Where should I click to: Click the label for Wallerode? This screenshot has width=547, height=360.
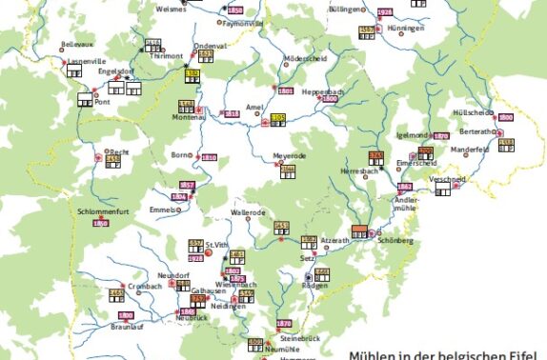(x=248, y=213)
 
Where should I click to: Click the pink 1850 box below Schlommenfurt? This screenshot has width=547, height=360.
(x=100, y=223)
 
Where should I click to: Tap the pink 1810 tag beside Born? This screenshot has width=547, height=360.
(x=209, y=157)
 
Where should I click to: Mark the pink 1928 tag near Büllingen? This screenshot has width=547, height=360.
(x=384, y=11)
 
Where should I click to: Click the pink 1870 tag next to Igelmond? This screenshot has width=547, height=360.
(x=439, y=136)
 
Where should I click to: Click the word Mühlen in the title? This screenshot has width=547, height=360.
(x=374, y=352)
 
